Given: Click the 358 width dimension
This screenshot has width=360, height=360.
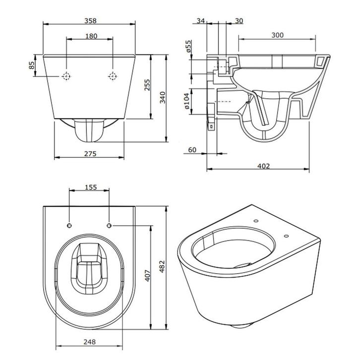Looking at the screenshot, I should pos(90,20).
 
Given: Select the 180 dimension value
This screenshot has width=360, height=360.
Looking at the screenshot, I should pos(91,36).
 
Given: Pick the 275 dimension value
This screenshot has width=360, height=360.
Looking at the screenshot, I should pos(90,154).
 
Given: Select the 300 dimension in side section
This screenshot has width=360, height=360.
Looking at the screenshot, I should pos(278,35).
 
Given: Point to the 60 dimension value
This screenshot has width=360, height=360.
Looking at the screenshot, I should pos(192,149).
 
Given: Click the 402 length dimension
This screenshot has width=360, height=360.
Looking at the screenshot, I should pos(264,166).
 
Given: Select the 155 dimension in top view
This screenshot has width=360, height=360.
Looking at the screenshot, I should pos(90,188).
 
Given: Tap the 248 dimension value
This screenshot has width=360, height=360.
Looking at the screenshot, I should pos(90,342).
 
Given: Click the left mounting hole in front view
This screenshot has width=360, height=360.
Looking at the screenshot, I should pos(67,76).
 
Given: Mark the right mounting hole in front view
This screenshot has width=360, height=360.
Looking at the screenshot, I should pos(113,76).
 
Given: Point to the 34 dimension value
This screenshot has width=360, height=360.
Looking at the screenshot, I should pos(201,20).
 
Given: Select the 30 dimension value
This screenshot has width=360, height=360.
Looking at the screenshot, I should pos(239,20).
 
